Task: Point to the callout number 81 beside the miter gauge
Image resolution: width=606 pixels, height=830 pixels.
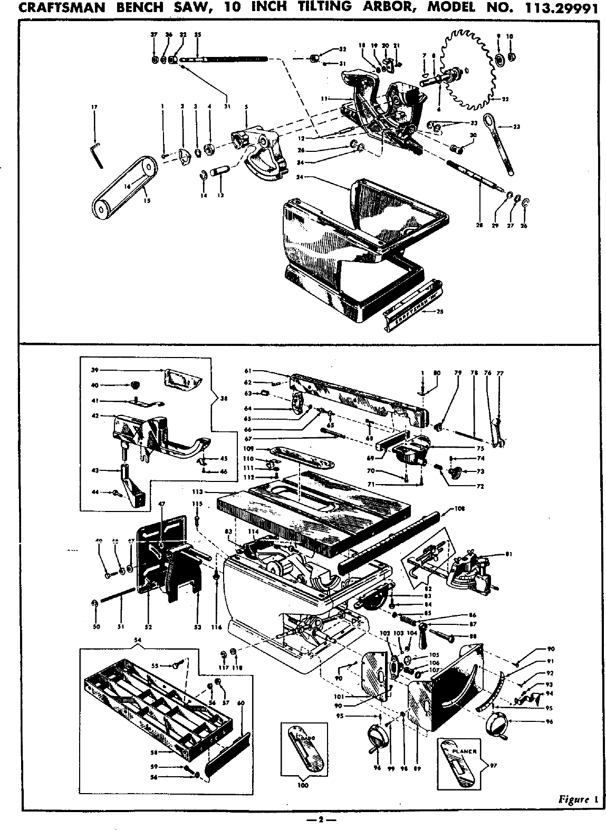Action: point(508,554)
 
